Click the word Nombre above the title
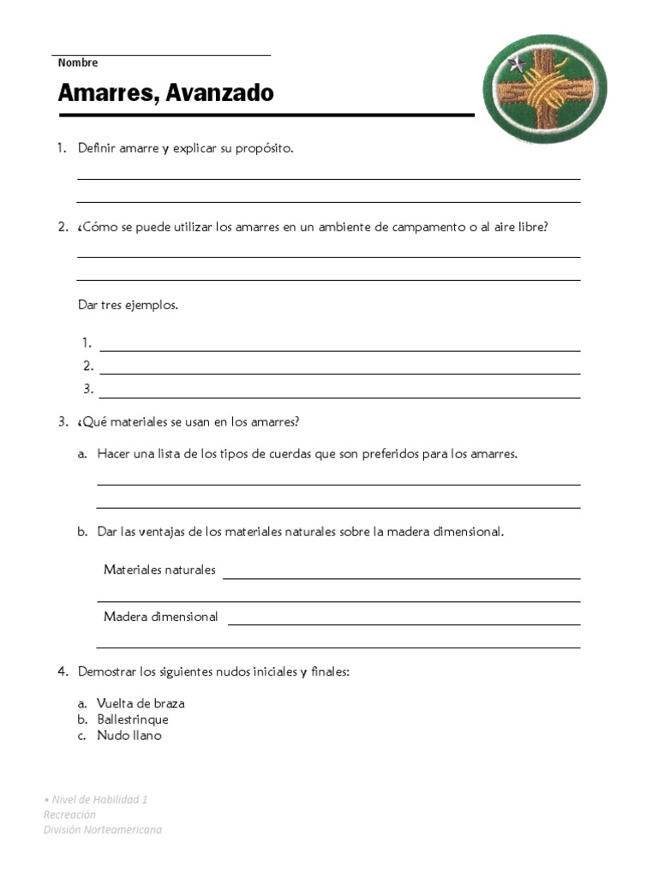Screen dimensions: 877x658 click(78, 63)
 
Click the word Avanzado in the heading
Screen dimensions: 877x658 click(220, 92)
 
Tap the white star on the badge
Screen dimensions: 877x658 click(517, 64)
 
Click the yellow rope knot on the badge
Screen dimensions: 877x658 click(545, 89)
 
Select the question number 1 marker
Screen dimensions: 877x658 click(62, 148)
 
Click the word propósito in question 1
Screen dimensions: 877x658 click(262, 149)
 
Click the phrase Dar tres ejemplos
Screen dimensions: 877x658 click(128, 305)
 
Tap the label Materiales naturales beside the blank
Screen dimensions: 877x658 click(159, 570)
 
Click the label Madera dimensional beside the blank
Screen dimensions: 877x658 click(160, 617)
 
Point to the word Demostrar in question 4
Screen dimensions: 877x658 click(106, 672)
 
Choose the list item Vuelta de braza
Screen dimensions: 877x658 click(141, 703)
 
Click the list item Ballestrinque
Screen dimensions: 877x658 click(133, 719)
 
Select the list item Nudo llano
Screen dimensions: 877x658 click(129, 736)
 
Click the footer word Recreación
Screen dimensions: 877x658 click(69, 814)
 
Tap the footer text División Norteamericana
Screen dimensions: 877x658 click(102, 829)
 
